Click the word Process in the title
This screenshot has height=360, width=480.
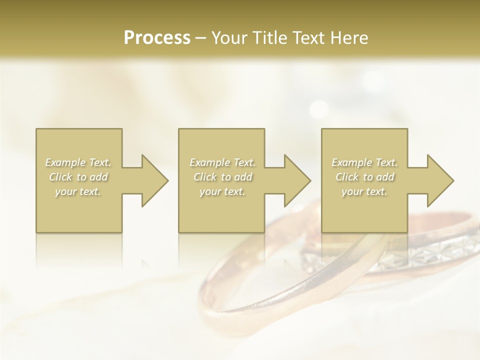(x=157, y=38)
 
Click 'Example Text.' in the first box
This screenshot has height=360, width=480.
(x=78, y=162)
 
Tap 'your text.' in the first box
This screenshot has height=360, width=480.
(x=78, y=191)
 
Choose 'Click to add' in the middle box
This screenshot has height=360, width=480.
(x=222, y=177)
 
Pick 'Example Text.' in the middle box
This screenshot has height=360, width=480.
(x=222, y=162)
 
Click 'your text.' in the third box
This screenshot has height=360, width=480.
(x=364, y=191)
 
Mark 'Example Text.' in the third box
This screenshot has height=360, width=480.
(x=364, y=162)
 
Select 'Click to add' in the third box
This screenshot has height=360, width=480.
(x=364, y=177)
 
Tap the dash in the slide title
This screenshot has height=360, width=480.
(x=201, y=38)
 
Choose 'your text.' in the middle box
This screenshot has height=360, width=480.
(x=222, y=191)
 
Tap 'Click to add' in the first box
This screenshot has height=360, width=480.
(x=78, y=177)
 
